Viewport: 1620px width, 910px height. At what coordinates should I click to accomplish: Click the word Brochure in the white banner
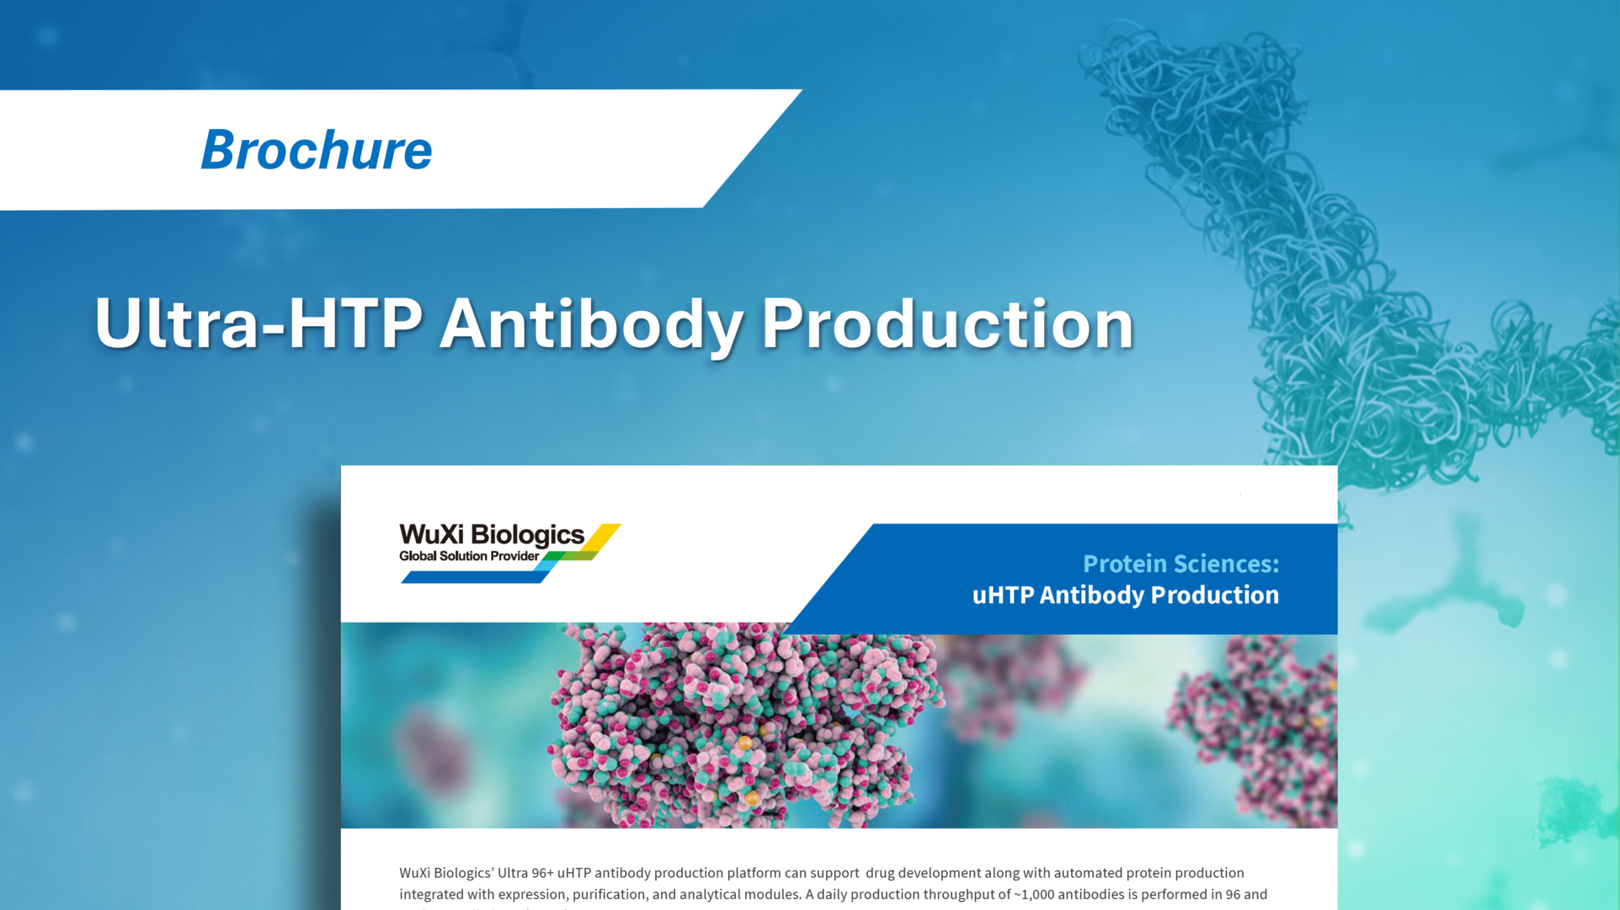[316, 150]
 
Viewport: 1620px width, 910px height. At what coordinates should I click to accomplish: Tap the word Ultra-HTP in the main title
[258, 324]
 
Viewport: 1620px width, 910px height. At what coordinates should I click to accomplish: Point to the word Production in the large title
[947, 324]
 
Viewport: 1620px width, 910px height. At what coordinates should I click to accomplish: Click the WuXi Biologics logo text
[491, 535]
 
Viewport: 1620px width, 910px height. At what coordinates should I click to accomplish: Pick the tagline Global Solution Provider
[468, 556]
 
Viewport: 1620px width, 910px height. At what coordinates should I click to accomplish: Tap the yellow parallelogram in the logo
[605, 537]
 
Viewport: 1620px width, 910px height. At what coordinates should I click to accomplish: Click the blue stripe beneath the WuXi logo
[476, 577]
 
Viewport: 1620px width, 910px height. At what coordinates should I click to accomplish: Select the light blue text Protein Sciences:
[1180, 564]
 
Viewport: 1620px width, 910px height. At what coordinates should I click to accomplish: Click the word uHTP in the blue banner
[1003, 595]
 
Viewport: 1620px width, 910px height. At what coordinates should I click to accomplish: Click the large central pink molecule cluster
[733, 725]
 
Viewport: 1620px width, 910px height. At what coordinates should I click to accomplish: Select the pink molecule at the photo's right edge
[1255, 725]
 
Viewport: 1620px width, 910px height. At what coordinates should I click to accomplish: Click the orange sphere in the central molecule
[745, 743]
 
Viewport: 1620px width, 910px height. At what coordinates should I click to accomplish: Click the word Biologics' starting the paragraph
[463, 873]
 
